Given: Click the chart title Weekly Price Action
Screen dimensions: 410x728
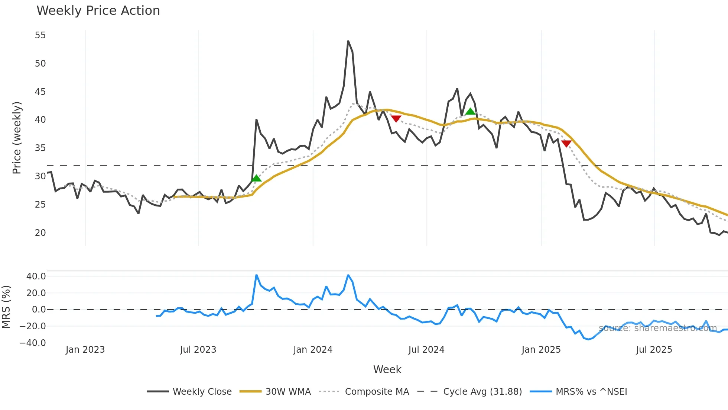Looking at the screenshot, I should [98, 11].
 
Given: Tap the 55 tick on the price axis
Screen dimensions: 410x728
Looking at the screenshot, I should [40, 35].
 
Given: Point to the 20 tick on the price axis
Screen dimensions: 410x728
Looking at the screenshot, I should [40, 233].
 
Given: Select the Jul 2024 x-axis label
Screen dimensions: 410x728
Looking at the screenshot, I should [426, 350].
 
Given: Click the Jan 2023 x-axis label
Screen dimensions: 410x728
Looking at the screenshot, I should [85, 350].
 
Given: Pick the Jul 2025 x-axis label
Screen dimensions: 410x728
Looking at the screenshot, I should [654, 350].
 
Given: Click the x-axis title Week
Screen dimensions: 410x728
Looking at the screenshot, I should [387, 369].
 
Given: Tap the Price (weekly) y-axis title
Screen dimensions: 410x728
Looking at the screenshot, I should [17, 138].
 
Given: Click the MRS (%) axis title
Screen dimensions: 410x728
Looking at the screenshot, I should [6, 307].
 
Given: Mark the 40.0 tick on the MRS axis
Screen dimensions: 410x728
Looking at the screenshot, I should [36, 276].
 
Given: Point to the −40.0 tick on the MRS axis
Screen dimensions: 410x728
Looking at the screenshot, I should [33, 343].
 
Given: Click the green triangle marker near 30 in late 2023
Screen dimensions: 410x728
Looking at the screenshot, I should [256, 179].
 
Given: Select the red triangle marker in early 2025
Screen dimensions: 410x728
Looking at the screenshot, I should [566, 144].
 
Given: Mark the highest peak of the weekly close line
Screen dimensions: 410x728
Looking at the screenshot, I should [348, 41].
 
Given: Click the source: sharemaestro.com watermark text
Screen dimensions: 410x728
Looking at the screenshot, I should [658, 328].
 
